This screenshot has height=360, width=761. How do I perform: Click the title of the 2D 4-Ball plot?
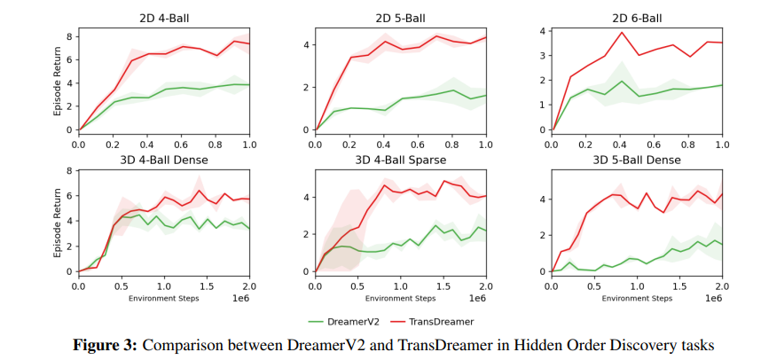point(163,18)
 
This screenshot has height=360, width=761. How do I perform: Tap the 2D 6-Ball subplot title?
point(637,18)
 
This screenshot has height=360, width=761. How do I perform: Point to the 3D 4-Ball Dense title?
point(163,160)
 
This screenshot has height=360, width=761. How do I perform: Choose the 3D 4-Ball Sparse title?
point(401,160)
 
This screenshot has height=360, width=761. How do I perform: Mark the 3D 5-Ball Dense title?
point(637,160)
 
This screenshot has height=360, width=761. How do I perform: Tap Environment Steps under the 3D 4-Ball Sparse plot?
point(401,298)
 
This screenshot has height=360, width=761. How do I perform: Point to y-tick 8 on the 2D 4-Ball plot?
point(69,35)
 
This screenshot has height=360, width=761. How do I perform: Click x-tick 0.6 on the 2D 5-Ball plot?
point(418,144)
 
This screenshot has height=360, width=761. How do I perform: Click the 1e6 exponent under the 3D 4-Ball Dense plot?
point(240,298)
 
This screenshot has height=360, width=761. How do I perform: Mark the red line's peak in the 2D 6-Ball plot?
point(622,33)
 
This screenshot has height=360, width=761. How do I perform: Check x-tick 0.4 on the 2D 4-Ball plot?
point(146,144)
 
